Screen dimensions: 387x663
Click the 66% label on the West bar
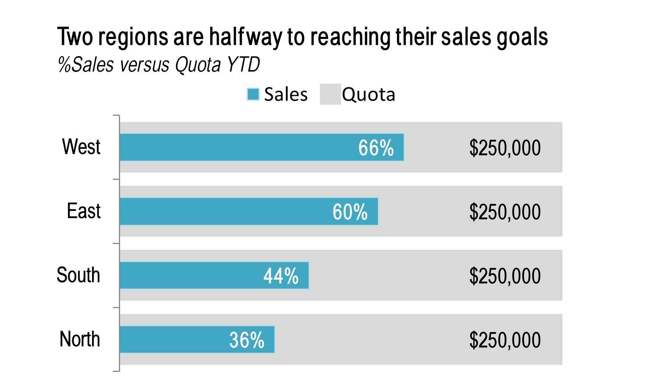pyautogui.click(x=376, y=148)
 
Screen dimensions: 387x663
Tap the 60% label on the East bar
pyautogui.click(x=350, y=212)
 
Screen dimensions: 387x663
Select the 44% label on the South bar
pyautogui.click(x=281, y=276)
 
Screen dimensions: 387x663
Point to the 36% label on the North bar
pyautogui.click(x=247, y=340)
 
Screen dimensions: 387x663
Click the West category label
pyautogui.click(x=81, y=147)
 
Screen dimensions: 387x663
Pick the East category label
pyautogui.click(x=84, y=211)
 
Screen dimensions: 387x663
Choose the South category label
pyautogui.click(x=78, y=275)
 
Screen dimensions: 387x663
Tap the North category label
pyautogui.click(x=80, y=339)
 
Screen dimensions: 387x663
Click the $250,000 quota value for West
pyautogui.click(x=505, y=148)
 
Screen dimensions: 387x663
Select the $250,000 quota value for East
pyautogui.click(x=505, y=212)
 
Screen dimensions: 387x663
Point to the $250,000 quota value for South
pyautogui.click(x=505, y=276)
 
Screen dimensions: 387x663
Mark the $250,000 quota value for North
pyautogui.click(x=505, y=340)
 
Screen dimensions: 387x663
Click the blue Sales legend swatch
pyautogui.click(x=253, y=94)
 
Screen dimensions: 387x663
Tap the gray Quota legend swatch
pyautogui.click(x=330, y=94)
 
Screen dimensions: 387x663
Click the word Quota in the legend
pyautogui.click(x=368, y=94)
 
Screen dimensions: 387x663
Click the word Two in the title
pyautogui.click(x=75, y=37)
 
